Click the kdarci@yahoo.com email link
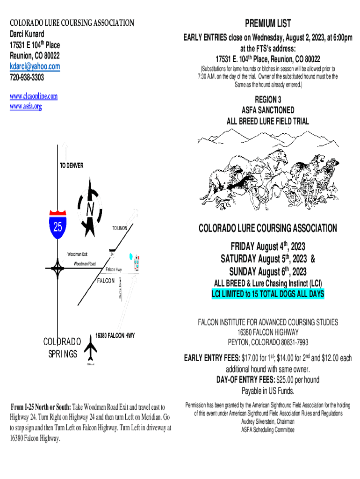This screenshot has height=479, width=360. [35, 66]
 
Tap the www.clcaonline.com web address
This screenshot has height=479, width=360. [34, 96]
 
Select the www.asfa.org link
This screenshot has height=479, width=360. [26, 106]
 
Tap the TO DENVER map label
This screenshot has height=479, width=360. [72, 166]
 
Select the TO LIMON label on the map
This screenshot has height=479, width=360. [120, 228]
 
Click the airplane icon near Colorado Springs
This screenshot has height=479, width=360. [91, 347]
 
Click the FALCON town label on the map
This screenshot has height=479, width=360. [106, 281]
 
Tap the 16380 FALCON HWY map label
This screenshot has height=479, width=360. [115, 335]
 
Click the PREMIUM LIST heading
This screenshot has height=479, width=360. [268, 23]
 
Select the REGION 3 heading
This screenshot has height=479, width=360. [268, 100]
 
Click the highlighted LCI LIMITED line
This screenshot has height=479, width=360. [268, 294]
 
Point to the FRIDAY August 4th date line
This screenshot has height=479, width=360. [268, 246]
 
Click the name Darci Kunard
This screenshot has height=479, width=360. [28, 34]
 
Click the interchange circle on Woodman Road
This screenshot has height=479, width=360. [58, 269]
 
